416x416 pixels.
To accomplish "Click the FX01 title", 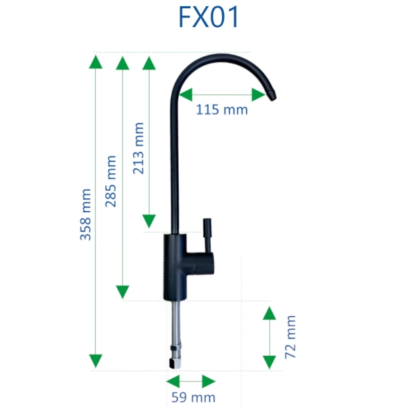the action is coord(209,17).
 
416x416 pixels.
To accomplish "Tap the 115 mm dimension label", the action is coord(222,110).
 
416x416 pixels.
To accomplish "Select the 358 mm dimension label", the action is coord(86,215).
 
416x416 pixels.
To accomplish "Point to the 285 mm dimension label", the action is coord(111,181).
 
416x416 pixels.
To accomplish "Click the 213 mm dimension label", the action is coord(138,148).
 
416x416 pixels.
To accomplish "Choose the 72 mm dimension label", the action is coord(291,337).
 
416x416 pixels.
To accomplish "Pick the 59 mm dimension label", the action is coord(193,397).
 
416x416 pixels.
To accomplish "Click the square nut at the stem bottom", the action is coord(175,363).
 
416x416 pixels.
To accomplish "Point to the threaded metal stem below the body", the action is coord(175,323).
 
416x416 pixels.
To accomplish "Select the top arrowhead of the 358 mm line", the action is coord(96,62).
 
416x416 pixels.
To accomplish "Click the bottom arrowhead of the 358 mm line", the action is coord(96,361).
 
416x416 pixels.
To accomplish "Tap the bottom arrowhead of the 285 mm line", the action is coord(123,292).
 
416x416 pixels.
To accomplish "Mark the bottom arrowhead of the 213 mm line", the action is coord(149,221).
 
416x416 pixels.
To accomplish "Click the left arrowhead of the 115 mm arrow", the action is coord(186,95).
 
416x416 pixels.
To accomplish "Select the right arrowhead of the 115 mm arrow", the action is coord(259,95).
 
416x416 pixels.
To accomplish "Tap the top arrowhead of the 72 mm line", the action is coord(269,313).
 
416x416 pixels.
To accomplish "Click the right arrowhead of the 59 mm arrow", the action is coord(209,381).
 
